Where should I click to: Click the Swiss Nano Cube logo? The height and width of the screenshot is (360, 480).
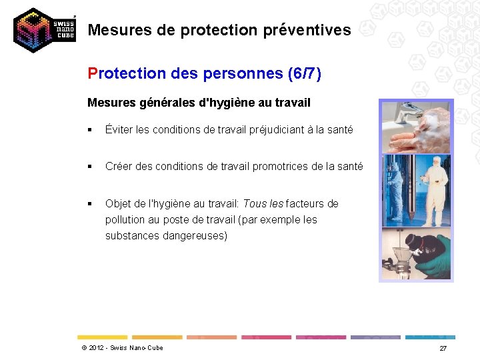44,30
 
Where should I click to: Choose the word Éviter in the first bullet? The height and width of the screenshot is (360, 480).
119,130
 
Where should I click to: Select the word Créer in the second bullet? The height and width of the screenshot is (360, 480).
119,167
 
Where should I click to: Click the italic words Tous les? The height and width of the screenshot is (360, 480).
263,203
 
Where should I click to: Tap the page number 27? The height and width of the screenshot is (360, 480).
443,349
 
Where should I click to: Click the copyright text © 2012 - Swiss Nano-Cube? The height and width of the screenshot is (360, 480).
122,348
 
